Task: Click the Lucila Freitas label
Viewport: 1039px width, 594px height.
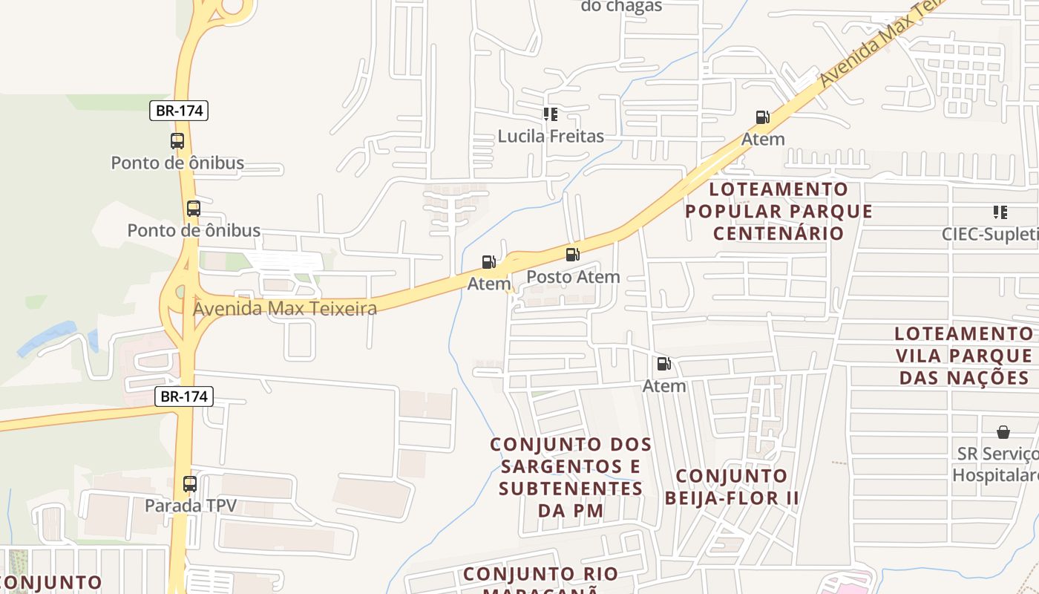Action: click(550, 137)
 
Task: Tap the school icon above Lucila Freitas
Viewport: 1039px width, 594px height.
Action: click(550, 114)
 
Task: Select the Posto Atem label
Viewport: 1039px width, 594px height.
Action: click(572, 277)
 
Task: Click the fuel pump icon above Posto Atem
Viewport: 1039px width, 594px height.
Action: click(572, 255)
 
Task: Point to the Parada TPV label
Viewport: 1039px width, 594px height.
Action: click(190, 506)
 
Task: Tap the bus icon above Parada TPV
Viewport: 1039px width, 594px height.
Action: click(190, 484)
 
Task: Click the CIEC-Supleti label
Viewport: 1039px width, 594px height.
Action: click(990, 235)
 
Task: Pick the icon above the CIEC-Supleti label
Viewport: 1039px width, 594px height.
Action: click(1000, 213)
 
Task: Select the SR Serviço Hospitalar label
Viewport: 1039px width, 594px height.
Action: click(995, 464)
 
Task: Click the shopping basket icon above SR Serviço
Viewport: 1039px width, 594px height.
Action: click(1003, 432)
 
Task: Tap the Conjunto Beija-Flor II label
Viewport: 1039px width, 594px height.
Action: click(732, 486)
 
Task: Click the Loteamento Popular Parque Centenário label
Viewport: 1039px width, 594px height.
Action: click(779, 212)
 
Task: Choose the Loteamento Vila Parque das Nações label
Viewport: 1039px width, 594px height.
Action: click(964, 356)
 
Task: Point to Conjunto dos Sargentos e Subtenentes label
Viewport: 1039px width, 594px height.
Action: click(571, 477)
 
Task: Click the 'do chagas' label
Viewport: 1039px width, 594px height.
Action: click(620, 7)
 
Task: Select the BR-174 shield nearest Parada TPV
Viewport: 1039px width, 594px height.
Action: click(184, 396)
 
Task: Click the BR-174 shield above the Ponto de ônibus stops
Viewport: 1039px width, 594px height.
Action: click(179, 111)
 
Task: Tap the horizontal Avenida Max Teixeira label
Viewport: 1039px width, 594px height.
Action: click(285, 308)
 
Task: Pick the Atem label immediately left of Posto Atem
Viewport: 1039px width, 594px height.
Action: click(489, 284)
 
